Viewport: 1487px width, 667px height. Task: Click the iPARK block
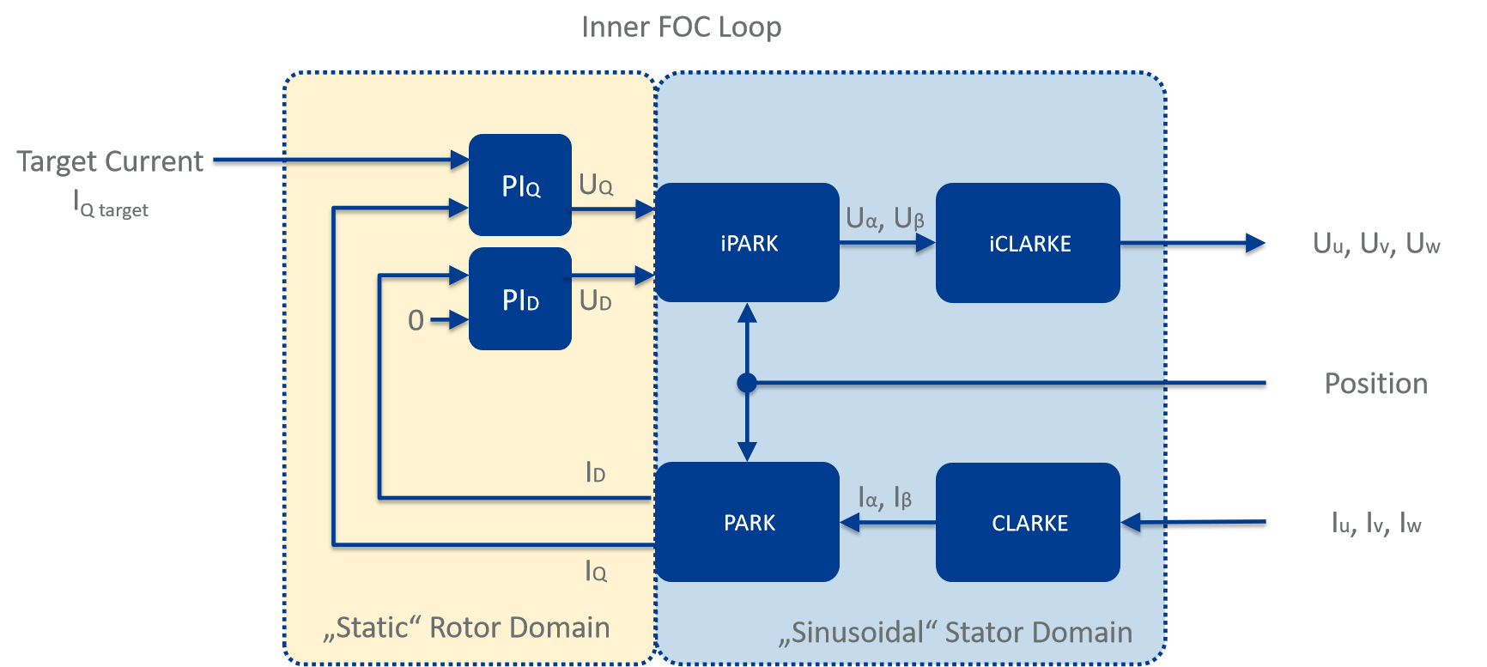pos(748,243)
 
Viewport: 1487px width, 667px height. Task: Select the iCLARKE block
pos(1028,243)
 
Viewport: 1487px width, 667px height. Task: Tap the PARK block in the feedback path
pos(748,522)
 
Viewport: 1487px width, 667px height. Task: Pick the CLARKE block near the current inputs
pos(1028,522)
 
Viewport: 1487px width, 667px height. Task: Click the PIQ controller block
pos(520,185)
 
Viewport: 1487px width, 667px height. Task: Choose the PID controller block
pos(520,299)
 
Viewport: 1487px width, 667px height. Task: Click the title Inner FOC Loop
pos(682,27)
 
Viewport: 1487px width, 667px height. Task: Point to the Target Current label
pos(110,161)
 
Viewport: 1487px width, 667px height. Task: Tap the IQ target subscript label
pos(112,206)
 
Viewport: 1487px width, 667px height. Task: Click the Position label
pos(1375,384)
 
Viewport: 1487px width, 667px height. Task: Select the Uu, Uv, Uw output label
pos(1375,244)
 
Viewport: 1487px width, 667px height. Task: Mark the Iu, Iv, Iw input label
pos(1375,523)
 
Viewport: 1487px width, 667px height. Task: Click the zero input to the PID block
pos(416,320)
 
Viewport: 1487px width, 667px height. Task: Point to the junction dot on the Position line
pos(747,383)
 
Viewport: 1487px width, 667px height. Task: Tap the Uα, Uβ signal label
pos(884,219)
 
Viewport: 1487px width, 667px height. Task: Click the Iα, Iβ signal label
pos(884,498)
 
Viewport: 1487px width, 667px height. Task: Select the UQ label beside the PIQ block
pos(596,185)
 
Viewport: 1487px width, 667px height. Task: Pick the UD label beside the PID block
pos(596,300)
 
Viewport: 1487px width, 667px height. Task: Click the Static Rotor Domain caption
pos(467,628)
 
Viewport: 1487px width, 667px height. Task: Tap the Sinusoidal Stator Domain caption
pos(956,633)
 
